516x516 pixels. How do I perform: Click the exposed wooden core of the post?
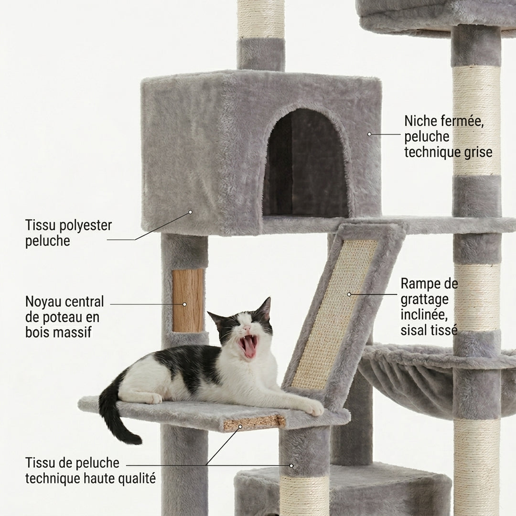pos(188,301)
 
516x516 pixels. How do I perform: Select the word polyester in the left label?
pos(81,226)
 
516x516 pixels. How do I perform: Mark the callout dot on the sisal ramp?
pos(349,294)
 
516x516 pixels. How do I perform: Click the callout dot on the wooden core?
pos(184,304)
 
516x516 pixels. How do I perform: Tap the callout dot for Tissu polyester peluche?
pos(190,212)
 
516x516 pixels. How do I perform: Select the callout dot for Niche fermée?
pos(369,134)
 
